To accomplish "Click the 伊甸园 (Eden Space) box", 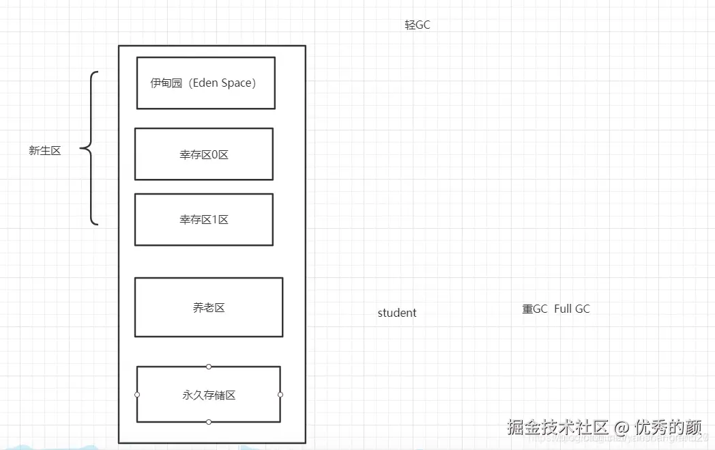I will pyautogui.click(x=205, y=83).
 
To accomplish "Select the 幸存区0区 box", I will pyautogui.click(x=203, y=154).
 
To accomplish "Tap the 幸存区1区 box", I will pyautogui.click(x=203, y=219).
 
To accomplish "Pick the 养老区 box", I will pyautogui.click(x=208, y=307).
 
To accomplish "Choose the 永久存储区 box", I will pyautogui.click(x=208, y=395).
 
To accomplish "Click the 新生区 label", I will pyautogui.click(x=45, y=151).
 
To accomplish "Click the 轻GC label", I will pyautogui.click(x=418, y=25).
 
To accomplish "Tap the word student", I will pyautogui.click(x=397, y=313).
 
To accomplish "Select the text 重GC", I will pyautogui.click(x=535, y=309).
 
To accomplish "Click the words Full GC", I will pyautogui.click(x=572, y=309).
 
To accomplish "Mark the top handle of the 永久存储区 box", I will pyautogui.click(x=209, y=367).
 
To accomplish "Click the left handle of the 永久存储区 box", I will pyautogui.click(x=137, y=395).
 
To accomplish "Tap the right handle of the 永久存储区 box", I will pyautogui.click(x=280, y=395).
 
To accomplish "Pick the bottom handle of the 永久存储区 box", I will pyautogui.click(x=209, y=422).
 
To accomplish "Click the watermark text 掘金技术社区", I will pyautogui.click(x=557, y=427).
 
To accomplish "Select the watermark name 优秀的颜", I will pyautogui.click(x=668, y=427).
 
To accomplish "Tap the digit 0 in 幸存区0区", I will pyautogui.click(x=216, y=155).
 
